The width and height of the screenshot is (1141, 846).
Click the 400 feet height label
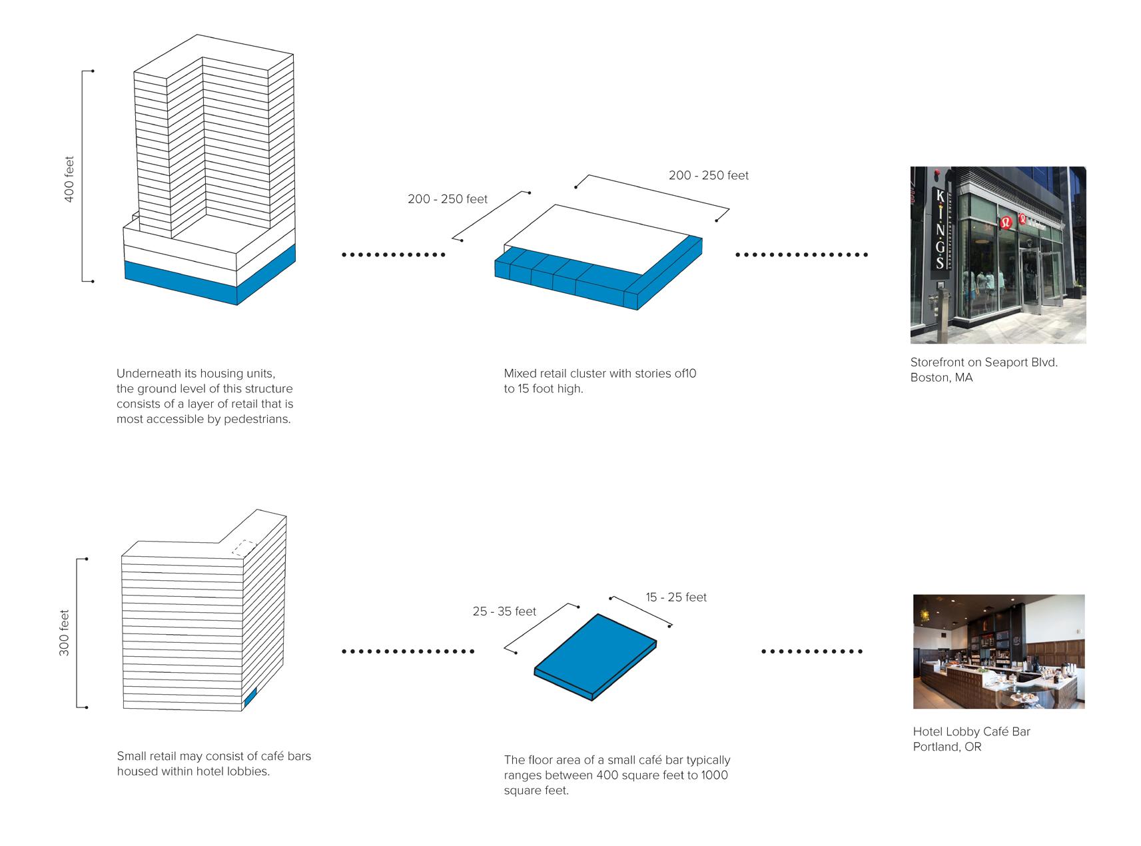[x=69, y=179]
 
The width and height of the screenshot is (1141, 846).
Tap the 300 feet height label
[x=65, y=633]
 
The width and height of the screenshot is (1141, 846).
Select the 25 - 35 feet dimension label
[x=504, y=612]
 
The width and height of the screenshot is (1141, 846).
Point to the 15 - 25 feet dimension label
[x=676, y=598]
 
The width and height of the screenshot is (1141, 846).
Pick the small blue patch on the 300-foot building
[x=250, y=697]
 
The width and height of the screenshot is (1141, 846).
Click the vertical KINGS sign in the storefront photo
[x=940, y=229]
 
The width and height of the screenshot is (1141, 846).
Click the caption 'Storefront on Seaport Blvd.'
[x=984, y=362]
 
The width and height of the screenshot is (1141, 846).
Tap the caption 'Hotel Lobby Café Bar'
[x=971, y=731]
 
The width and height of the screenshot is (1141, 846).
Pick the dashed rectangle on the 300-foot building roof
[x=244, y=548]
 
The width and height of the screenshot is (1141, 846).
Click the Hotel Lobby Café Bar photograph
[x=998, y=651]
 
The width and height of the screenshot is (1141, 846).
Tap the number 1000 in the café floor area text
[x=714, y=775]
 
